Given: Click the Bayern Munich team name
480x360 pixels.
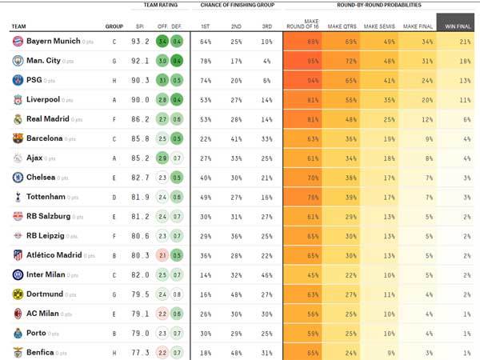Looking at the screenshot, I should (x=53, y=42).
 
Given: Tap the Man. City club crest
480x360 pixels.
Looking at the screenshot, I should (x=18, y=61).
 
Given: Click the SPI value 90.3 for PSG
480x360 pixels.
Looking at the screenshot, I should (x=141, y=80).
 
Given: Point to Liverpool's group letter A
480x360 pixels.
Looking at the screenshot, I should (x=114, y=100).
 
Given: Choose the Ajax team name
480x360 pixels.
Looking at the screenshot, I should (x=39, y=158).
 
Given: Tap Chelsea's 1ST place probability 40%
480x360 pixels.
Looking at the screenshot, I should (x=206, y=178).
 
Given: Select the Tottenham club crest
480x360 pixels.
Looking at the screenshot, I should (x=18, y=197).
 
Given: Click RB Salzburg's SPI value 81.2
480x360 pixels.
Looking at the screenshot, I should (x=141, y=216).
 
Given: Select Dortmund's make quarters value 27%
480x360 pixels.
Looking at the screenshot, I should (x=350, y=294).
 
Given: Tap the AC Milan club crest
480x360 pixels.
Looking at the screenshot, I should (x=18, y=314).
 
